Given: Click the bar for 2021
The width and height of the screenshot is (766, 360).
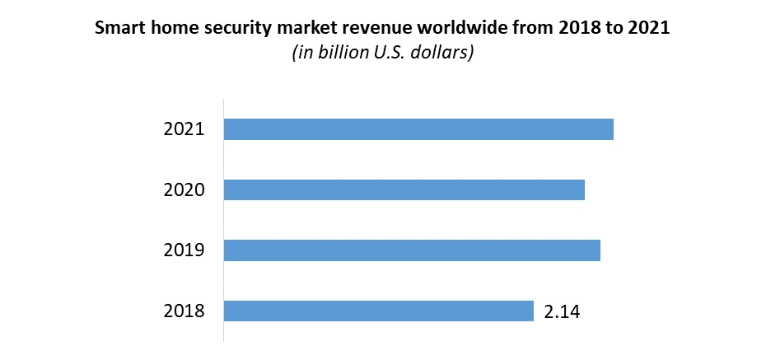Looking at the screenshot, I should pos(418,129).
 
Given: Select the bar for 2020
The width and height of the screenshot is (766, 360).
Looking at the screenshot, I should pos(404,189).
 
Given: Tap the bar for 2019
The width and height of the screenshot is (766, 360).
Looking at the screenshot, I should pos(412,250).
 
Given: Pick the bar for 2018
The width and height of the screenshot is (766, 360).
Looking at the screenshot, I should pos(379,311).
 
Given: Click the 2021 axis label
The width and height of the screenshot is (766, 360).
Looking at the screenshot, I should pos(184,129).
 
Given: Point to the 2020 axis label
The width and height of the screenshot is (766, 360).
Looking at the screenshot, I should pos(184,189).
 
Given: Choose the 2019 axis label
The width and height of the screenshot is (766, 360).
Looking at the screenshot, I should pos(184,250).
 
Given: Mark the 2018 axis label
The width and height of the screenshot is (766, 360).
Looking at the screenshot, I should pos(184,311).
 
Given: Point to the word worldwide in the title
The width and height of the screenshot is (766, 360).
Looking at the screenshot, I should pos(450,28).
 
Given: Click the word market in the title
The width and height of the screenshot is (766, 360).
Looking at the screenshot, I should pos(301,28).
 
